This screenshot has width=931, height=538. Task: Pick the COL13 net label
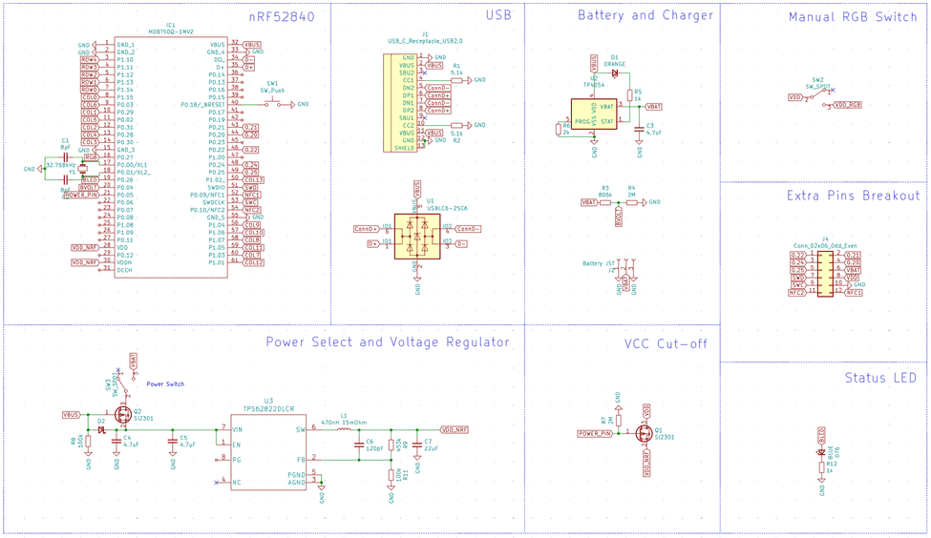[253, 179]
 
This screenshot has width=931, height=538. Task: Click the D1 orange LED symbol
[615, 73]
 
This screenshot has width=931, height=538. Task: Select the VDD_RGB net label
[847, 104]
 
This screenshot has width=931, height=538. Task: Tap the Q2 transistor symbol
[123, 416]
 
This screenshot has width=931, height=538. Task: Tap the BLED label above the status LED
[821, 432]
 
